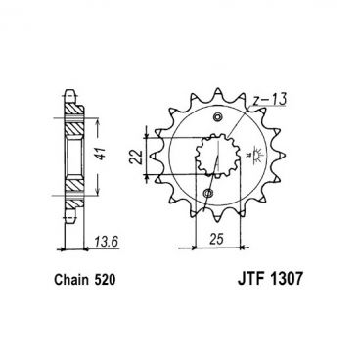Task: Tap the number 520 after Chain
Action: pyautogui.click(x=106, y=281)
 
